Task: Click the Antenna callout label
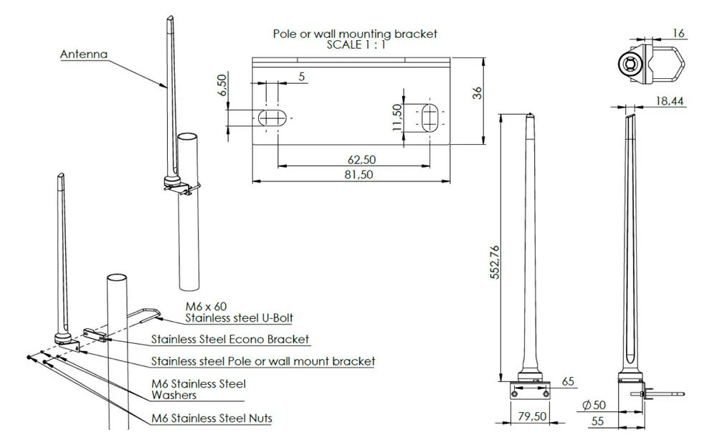point(83,54)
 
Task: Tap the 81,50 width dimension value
point(358,174)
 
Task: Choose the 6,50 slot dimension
point(222,85)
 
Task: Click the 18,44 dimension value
point(668,102)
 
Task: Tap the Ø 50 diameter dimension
point(594,406)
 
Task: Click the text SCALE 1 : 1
point(355,44)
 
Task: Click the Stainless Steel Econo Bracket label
point(230,339)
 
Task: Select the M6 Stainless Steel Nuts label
point(212,418)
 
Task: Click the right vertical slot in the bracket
point(430,117)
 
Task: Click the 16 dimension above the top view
point(679,33)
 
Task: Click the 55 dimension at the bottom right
point(597,421)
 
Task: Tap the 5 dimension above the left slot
point(301,77)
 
